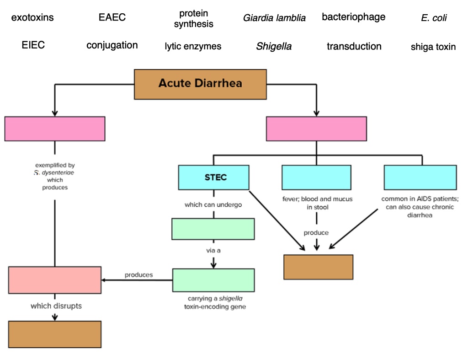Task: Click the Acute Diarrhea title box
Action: (200, 84)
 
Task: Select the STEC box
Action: (214, 177)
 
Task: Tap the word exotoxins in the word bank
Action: (32, 18)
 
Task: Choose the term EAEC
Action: (112, 18)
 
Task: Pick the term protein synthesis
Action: (193, 19)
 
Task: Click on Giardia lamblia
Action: (274, 18)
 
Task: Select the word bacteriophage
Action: (353, 17)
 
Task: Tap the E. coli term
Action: (433, 18)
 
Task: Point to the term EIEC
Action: (33, 45)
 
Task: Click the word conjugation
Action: (112, 45)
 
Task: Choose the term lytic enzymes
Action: (193, 46)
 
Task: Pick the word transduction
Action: (354, 46)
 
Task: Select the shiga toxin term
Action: (433, 47)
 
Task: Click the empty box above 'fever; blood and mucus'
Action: (316, 177)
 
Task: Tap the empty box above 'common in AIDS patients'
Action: (420, 177)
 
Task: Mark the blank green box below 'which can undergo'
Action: (213, 229)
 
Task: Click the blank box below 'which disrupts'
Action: (55, 334)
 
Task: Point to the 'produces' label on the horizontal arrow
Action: (138, 275)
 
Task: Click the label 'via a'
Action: (213, 250)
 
